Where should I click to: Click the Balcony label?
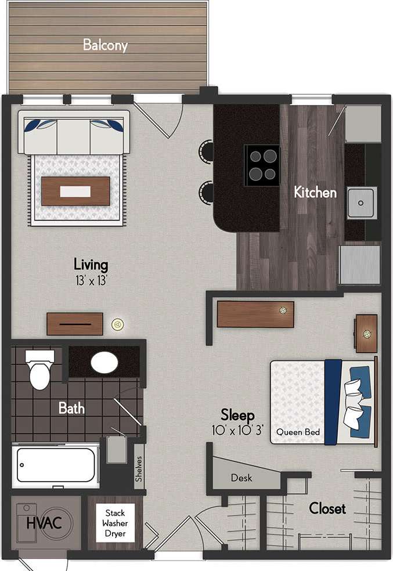[x=105, y=45]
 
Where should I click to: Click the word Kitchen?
[x=315, y=192]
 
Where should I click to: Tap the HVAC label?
[x=39, y=523]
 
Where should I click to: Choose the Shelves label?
[x=139, y=468]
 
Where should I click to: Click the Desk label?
[x=241, y=478]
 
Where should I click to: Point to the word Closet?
[x=327, y=509]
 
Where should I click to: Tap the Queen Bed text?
[x=298, y=432]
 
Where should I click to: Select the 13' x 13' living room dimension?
[x=91, y=280]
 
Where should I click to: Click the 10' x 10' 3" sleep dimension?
[x=237, y=431]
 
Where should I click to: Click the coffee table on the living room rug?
[x=76, y=191]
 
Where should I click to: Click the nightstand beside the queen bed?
[x=366, y=333]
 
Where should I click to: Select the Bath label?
[x=71, y=408]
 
